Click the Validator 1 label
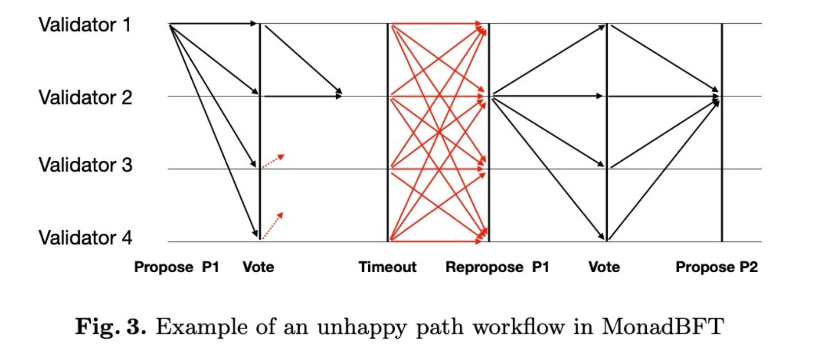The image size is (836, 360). click(85, 25)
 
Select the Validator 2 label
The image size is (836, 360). click(85, 97)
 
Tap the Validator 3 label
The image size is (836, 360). click(85, 165)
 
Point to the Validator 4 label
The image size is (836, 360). click(85, 238)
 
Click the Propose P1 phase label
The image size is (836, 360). click(176, 267)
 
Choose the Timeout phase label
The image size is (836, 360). click(387, 267)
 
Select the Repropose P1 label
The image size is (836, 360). click(497, 267)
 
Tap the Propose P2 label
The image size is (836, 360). click(716, 267)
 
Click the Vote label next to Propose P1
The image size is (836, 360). click(258, 267)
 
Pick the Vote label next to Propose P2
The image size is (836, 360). click(604, 267)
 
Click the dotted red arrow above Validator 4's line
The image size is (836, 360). click(273, 226)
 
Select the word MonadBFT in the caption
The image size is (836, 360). click(662, 327)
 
